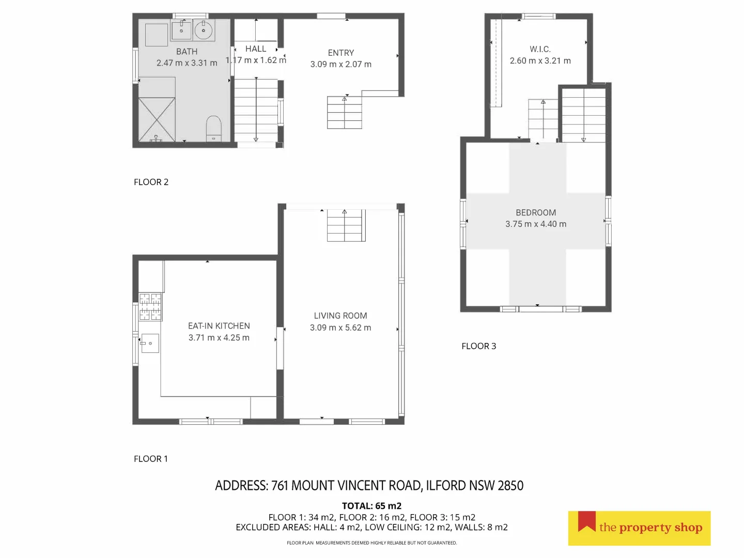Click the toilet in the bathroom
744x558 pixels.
(213, 128)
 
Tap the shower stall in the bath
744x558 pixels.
(157, 119)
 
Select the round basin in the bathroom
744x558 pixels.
(204, 30)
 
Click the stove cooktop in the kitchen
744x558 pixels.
(150, 306)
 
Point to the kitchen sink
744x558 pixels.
(150, 343)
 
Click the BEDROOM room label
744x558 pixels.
(536, 212)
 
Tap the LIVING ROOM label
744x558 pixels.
(340, 316)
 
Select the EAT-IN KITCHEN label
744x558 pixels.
(219, 326)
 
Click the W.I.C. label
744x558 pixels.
(540, 49)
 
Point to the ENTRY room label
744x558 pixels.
(341, 53)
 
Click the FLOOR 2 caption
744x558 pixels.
(151, 182)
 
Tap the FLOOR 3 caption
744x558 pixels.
(478, 346)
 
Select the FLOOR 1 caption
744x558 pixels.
(151, 459)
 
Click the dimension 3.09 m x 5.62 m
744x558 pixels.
(340, 328)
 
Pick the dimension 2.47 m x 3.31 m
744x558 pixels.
(187, 63)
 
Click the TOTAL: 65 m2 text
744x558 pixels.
(371, 506)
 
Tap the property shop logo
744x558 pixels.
(639, 528)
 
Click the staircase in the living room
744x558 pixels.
(346, 226)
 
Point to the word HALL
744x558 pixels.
(256, 49)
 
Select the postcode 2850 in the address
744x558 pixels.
(510, 486)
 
